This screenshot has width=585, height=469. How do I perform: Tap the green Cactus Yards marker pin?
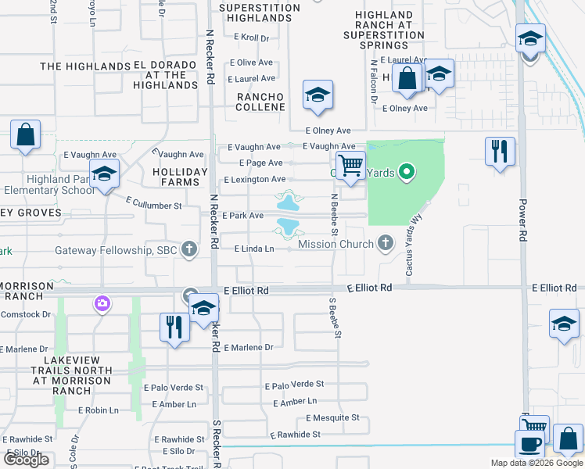click(x=406, y=171)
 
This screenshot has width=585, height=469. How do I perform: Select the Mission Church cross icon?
click(x=385, y=244)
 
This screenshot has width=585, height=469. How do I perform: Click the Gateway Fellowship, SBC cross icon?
click(x=188, y=250)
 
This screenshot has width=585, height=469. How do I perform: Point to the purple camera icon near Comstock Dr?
click(x=102, y=303)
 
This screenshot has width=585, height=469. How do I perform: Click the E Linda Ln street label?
click(x=254, y=249)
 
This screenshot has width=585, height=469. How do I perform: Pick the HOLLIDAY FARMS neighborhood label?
click(x=180, y=177)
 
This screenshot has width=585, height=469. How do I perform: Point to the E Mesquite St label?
click(x=332, y=418)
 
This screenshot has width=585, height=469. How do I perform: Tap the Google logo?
click(x=27, y=460)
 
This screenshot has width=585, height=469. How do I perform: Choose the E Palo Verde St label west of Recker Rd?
click(x=178, y=388)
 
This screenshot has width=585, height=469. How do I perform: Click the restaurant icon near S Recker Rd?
click(x=174, y=326)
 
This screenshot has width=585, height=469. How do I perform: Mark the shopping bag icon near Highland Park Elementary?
click(x=25, y=134)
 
